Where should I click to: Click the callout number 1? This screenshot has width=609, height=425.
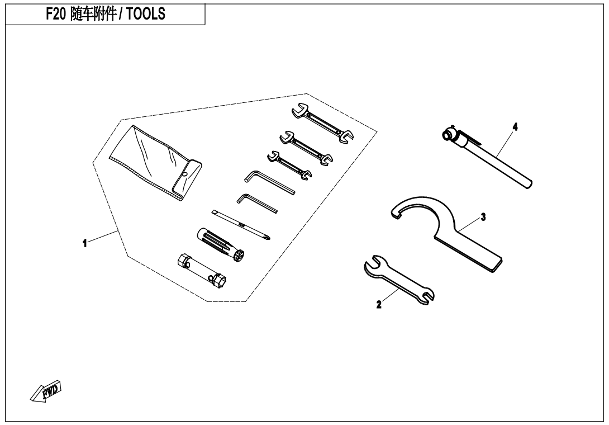click(x=85, y=244)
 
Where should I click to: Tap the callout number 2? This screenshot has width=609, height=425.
click(x=379, y=304)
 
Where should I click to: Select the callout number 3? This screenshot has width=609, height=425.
click(x=483, y=217)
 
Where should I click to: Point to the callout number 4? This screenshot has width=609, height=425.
click(x=515, y=127)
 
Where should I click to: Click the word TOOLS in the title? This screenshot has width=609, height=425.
click(x=146, y=14)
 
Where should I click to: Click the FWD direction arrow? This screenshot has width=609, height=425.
click(x=46, y=390)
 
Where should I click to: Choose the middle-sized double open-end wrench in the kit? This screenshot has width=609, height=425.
click(x=306, y=148)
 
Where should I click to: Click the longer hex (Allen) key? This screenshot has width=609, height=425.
click(x=269, y=182)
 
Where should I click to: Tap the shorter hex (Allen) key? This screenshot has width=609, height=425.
click(x=256, y=204)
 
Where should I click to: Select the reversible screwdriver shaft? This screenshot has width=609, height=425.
click(x=241, y=225)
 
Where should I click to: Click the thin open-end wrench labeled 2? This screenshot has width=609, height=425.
click(x=399, y=279)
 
